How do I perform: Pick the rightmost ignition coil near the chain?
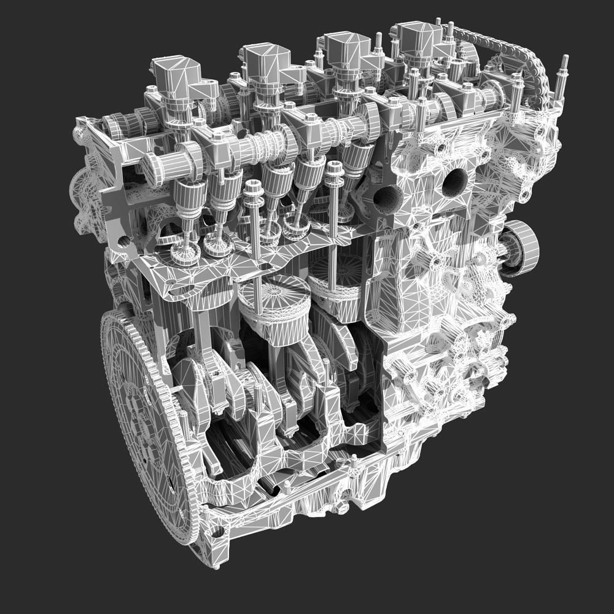[419, 37]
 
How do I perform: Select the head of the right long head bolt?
[333, 167]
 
